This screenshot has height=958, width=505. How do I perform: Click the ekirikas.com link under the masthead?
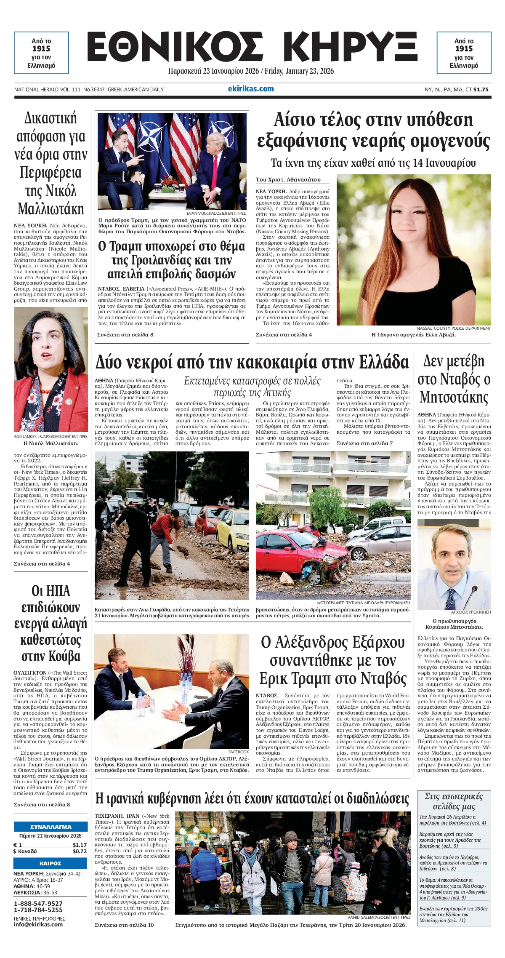coord(250,88)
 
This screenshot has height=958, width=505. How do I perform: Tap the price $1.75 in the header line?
coord(481,89)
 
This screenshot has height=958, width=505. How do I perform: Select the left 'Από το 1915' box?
coord(41,53)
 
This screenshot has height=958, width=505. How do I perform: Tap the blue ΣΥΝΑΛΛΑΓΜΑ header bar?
coord(50,827)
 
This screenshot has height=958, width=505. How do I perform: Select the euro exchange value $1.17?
coord(80,845)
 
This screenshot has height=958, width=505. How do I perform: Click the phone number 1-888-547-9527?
coord(38,904)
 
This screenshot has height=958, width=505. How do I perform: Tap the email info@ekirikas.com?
coord(38,924)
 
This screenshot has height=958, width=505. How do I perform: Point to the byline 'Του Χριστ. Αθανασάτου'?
coord(288,180)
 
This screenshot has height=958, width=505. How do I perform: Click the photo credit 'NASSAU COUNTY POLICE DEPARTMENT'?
coord(453,328)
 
